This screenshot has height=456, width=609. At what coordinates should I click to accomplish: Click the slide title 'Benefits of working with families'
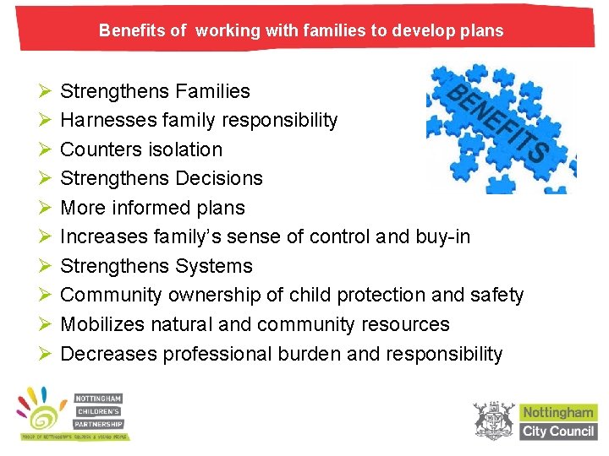pyautogui.click(x=300, y=31)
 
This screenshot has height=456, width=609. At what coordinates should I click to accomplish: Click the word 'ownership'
pyautogui.click(x=214, y=296)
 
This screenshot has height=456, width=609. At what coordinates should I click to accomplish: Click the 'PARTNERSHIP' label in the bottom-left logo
pyautogui.click(x=99, y=424)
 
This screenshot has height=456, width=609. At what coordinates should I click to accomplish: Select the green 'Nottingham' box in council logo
pyautogui.click(x=557, y=413)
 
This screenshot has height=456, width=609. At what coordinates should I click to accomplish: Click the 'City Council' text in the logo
pyautogui.click(x=557, y=431)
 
